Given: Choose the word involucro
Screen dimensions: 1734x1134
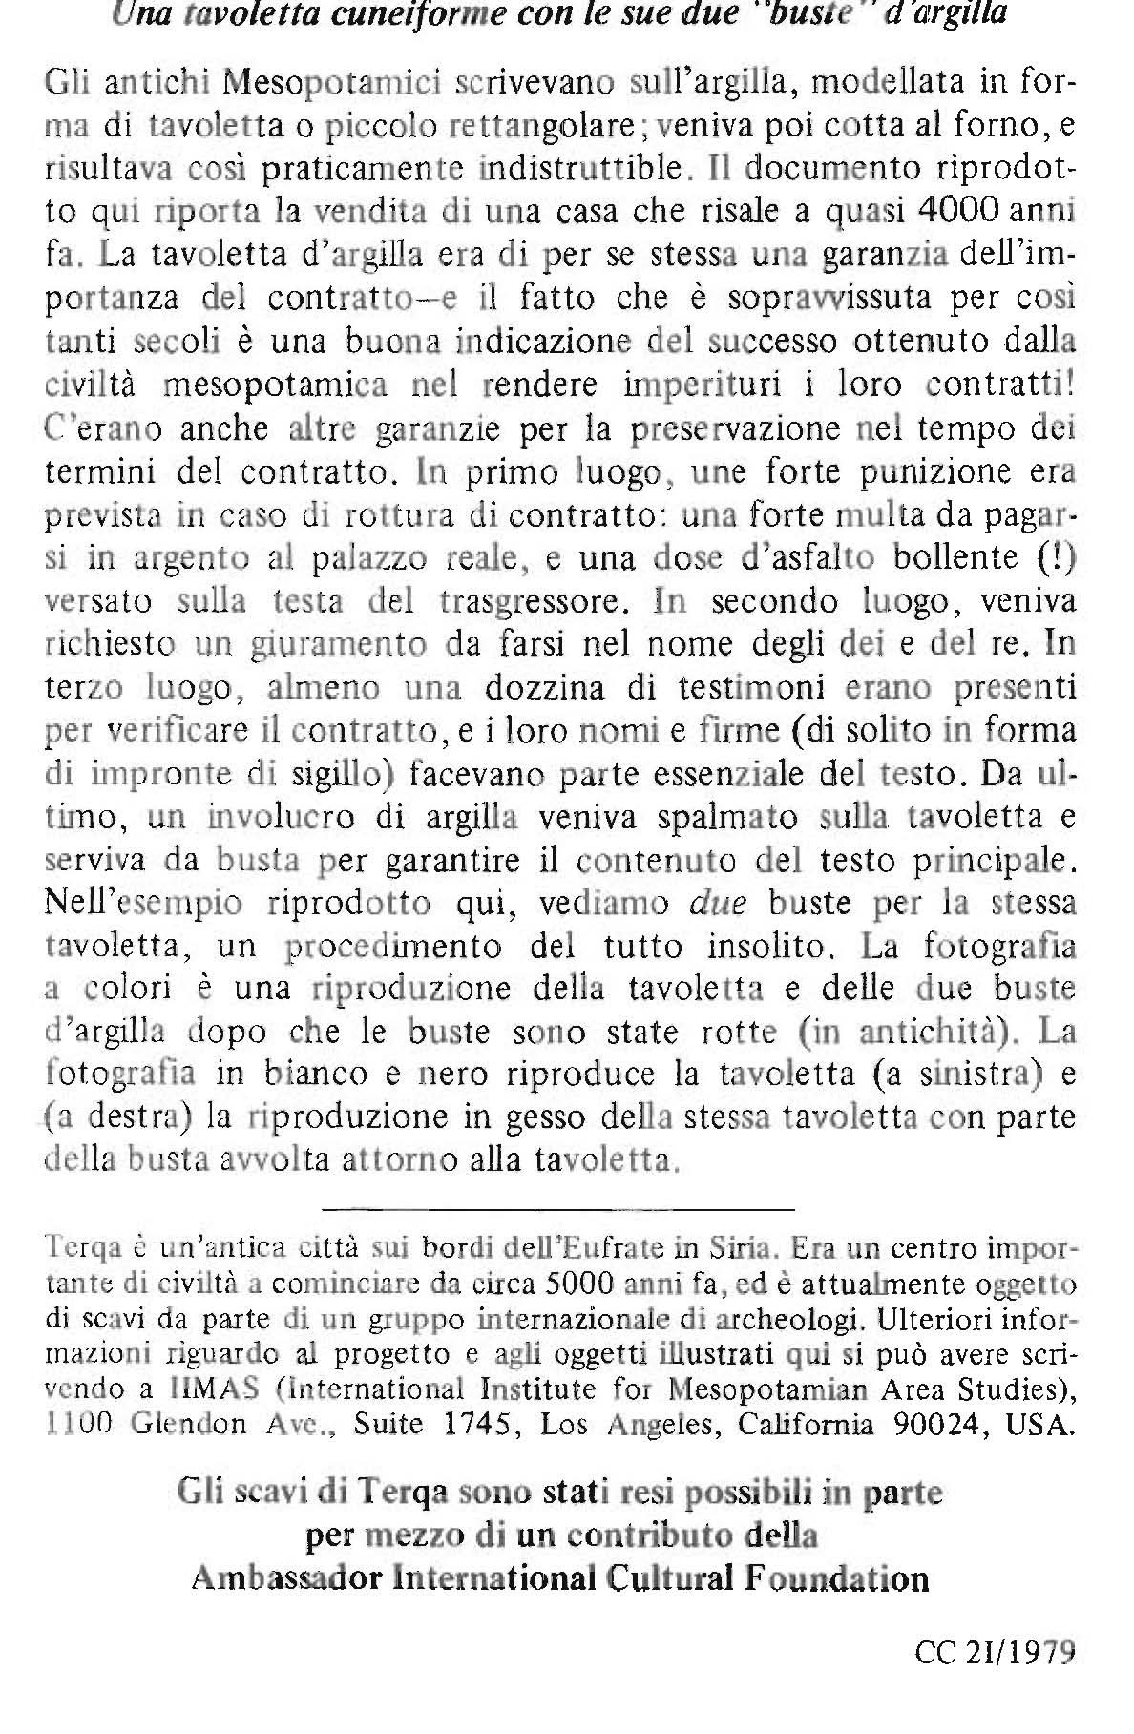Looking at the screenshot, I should point(277,818).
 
